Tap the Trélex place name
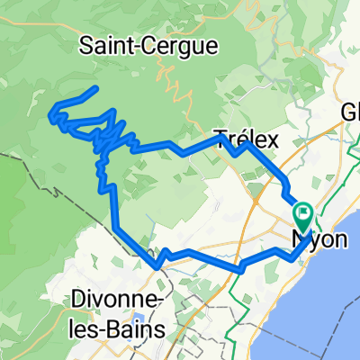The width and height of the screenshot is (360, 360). tap(247, 139)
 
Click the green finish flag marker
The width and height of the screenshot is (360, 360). tap(303, 217)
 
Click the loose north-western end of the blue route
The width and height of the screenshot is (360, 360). tap(94, 89)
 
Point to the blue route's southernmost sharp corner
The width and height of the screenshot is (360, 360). tap(158, 265)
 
